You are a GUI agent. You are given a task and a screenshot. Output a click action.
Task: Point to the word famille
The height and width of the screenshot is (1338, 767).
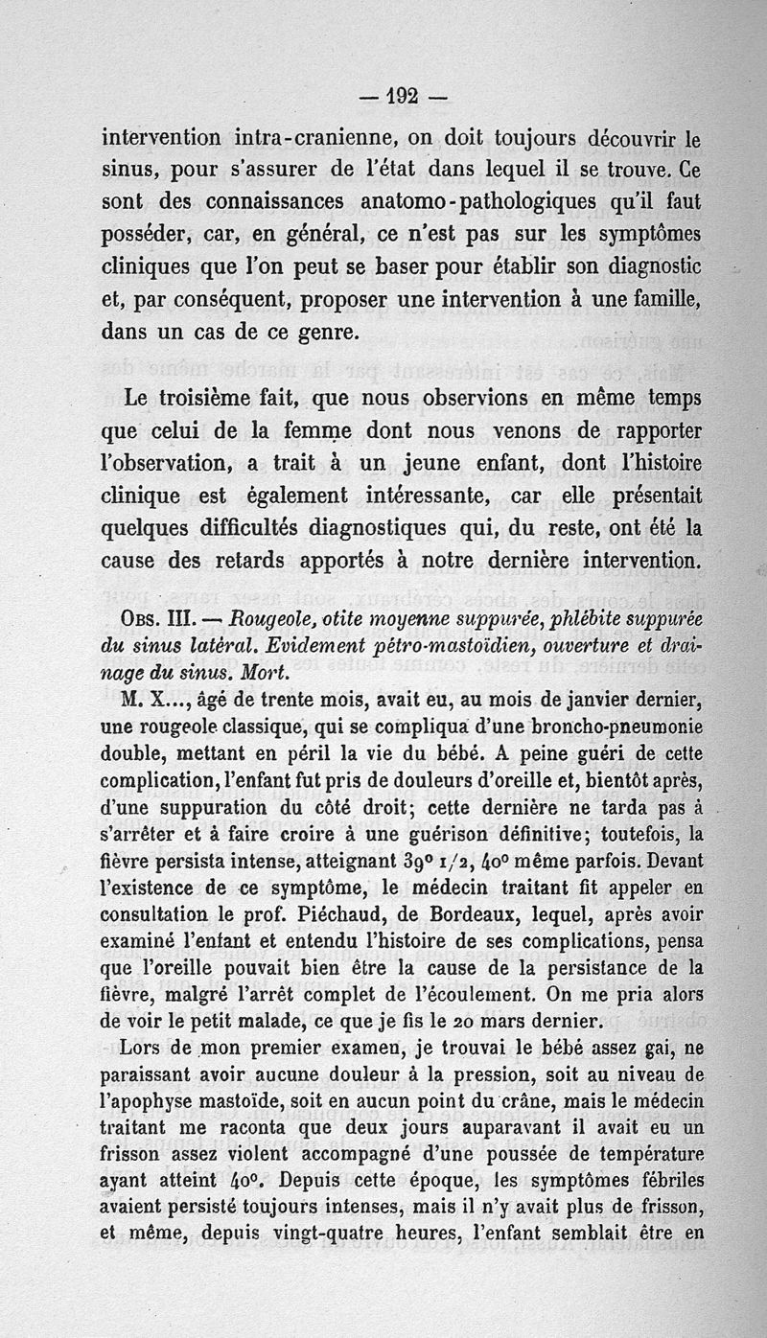(664, 299)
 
